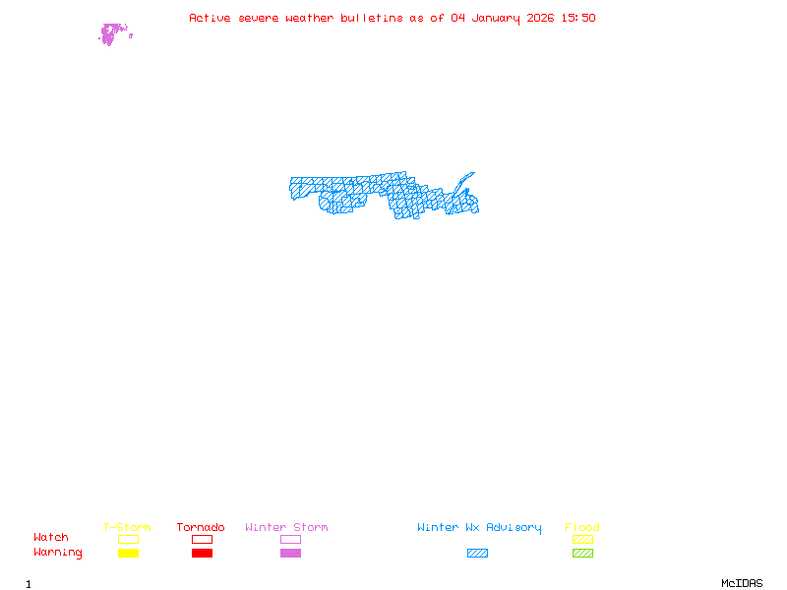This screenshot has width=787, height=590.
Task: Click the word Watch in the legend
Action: (51, 538)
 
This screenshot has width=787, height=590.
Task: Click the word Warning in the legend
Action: (58, 553)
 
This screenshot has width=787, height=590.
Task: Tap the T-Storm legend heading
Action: (127, 528)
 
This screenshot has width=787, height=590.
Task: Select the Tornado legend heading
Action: (201, 528)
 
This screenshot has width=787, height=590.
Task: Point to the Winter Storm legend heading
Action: (286, 528)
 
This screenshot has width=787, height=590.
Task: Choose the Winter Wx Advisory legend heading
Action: (479, 528)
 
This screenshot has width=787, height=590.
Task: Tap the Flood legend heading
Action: (582, 528)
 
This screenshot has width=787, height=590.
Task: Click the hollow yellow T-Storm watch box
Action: (128, 539)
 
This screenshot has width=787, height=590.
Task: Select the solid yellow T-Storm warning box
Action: (128, 553)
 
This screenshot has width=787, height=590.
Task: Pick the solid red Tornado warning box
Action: (202, 553)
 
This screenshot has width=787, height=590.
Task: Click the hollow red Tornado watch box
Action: (202, 539)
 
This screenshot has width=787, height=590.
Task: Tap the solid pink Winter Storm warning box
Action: (290, 553)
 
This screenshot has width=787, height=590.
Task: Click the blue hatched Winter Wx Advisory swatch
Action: (477, 553)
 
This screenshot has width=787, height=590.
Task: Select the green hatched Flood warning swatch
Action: (582, 553)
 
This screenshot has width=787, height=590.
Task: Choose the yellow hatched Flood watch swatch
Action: (582, 539)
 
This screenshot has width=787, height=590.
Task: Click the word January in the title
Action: (492, 18)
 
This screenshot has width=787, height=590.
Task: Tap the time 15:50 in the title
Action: (577, 18)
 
